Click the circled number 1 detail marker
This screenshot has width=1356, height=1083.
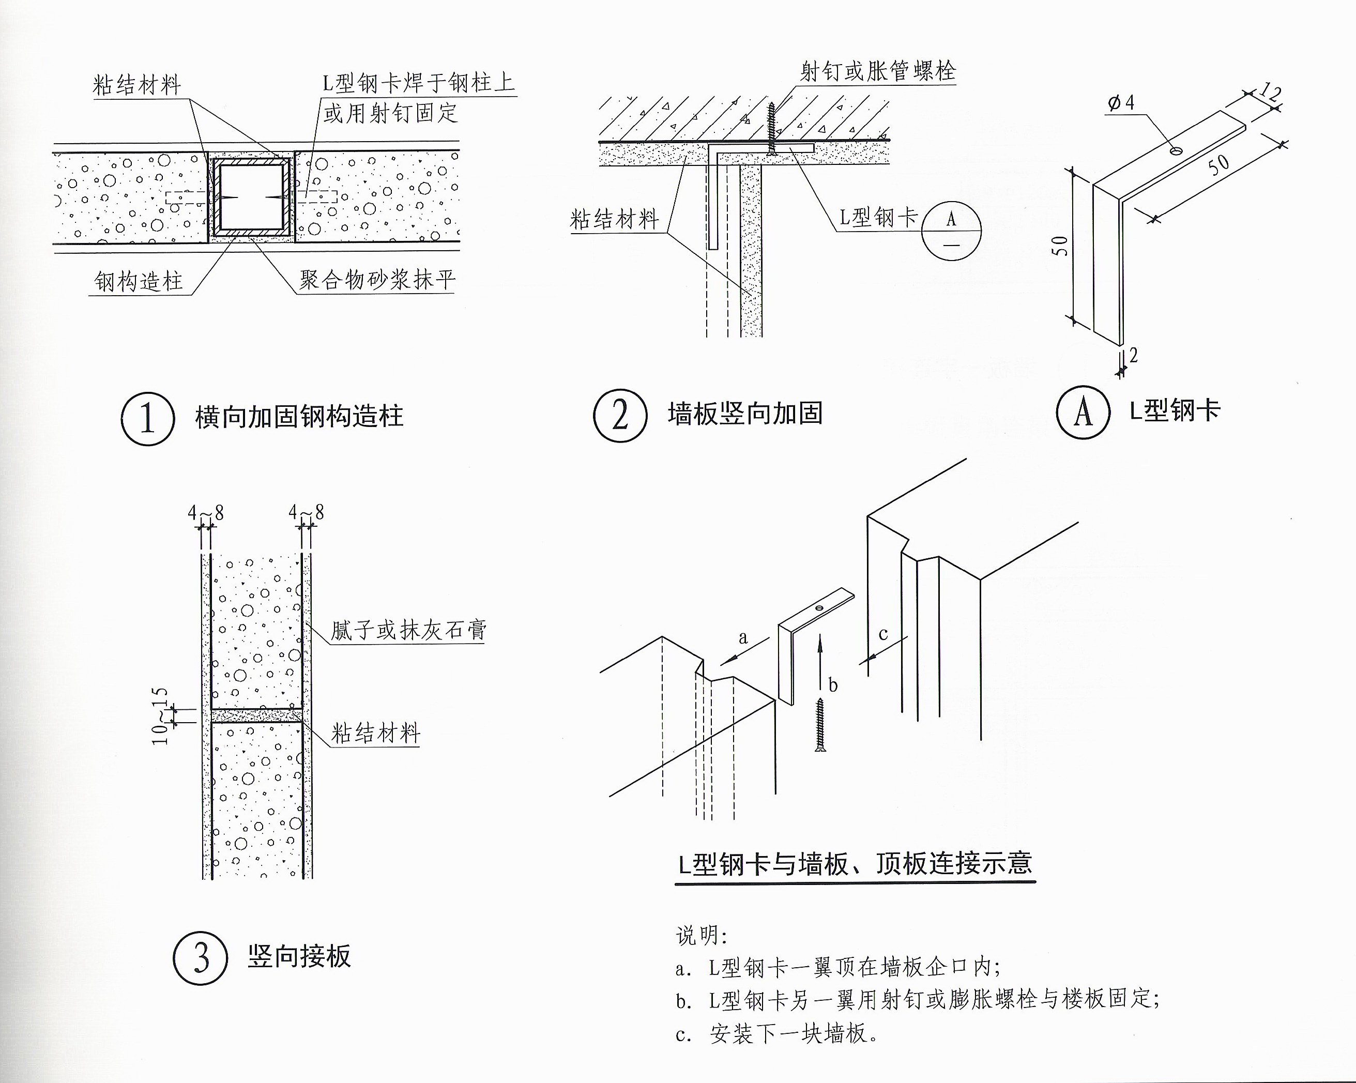(148, 418)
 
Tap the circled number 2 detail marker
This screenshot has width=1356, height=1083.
(620, 415)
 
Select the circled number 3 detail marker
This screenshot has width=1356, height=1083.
(201, 958)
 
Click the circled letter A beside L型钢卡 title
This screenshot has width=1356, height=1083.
(1083, 413)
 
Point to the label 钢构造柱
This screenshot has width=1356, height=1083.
(139, 281)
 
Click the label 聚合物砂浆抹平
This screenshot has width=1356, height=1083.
(376, 280)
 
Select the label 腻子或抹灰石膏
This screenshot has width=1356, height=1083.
(408, 630)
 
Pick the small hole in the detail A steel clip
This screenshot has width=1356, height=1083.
(1175, 151)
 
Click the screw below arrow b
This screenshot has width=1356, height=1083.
(820, 725)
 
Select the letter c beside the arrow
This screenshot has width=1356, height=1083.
(883, 633)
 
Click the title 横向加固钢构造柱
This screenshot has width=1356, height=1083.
(299, 416)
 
